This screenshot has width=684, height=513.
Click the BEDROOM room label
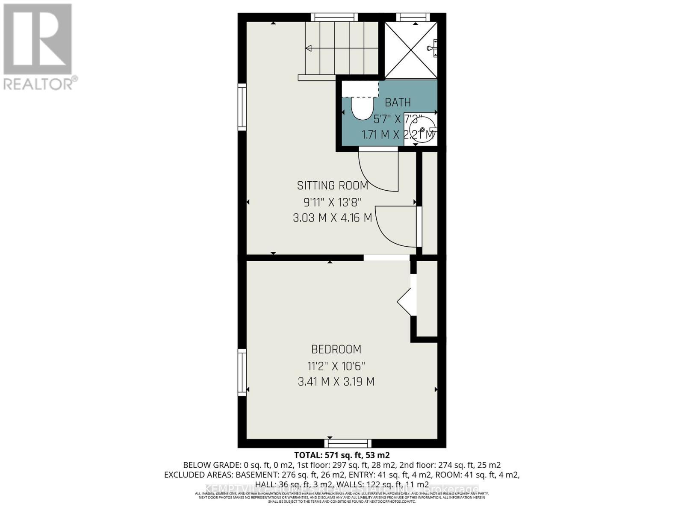pyautogui.click(x=336, y=349)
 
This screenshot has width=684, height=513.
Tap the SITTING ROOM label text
pyautogui.click(x=333, y=186)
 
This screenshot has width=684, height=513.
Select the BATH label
pyautogui.click(x=398, y=103)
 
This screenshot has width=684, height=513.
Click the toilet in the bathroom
pyautogui.click(x=362, y=108)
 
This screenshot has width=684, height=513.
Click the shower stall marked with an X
pyautogui.click(x=410, y=50)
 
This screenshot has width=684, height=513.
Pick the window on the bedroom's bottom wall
pyautogui.click(x=348, y=443)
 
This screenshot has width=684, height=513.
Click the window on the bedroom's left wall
pyautogui.click(x=242, y=372)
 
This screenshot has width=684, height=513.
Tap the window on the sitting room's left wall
pyautogui.click(x=242, y=107)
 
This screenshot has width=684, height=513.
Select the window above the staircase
pyautogui.click(x=334, y=17)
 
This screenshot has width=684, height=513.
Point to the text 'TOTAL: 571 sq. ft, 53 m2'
pyautogui.click(x=342, y=455)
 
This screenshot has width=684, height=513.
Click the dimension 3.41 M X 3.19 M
pyautogui.click(x=336, y=382)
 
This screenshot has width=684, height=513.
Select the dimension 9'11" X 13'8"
pyautogui.click(x=333, y=202)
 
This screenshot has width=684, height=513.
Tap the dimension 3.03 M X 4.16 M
pyautogui.click(x=333, y=218)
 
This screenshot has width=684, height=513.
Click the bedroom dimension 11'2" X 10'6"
pyautogui.click(x=336, y=366)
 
